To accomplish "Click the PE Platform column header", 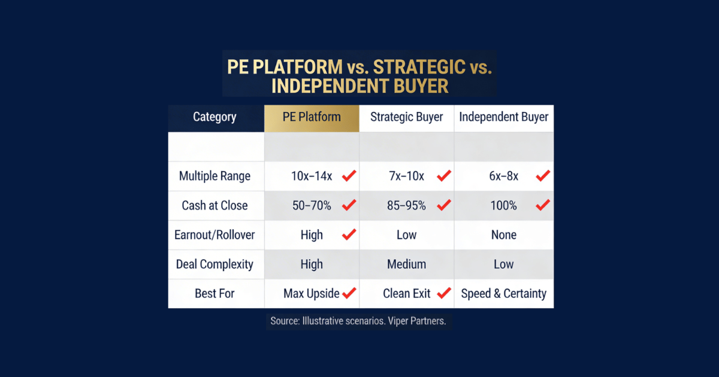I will tap(312, 117).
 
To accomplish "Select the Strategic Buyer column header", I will tap(407, 117).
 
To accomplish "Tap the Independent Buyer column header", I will tap(504, 117).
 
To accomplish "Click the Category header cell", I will tap(215, 117).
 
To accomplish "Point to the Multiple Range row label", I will tap(215, 177).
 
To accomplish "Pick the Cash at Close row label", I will tap(215, 206).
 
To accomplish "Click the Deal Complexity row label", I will tap(215, 264).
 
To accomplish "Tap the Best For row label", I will tap(215, 294).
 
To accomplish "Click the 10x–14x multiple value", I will tap(311, 177).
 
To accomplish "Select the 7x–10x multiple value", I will tap(406, 177).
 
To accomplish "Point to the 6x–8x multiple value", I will tap(503, 177).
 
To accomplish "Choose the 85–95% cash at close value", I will tap(406, 206).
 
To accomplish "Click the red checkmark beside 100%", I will tap(543, 205).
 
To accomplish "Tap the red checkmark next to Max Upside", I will tap(349, 293).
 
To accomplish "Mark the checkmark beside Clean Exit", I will tap(444, 293).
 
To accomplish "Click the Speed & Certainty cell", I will tap(504, 294).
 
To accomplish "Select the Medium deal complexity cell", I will tap(407, 264).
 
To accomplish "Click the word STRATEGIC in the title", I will tap(407, 66).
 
